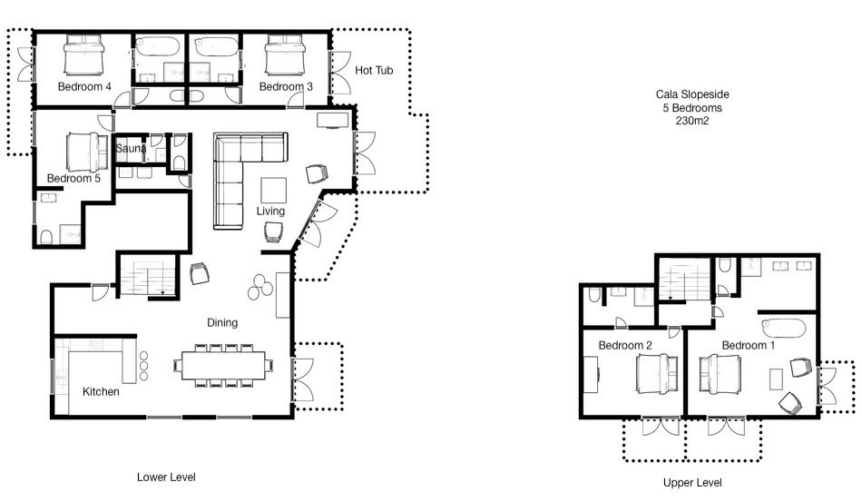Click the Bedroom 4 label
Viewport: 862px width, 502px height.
84,87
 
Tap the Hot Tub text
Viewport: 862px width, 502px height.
374,71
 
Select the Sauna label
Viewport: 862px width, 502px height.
131,149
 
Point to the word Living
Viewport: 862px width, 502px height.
270,212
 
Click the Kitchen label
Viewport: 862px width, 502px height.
101,391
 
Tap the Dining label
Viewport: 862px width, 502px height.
222,323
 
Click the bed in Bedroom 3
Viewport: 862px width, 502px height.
285,54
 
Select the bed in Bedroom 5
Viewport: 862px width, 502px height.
87,153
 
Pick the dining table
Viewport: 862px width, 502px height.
224,366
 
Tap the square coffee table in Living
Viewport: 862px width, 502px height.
273,191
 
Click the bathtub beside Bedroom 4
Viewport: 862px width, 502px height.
157,46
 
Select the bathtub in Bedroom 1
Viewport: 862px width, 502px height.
784,328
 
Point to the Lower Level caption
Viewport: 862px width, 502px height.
166,477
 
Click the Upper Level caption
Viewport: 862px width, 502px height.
692,483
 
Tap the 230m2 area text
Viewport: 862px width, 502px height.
692,121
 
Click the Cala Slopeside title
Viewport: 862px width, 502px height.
692,94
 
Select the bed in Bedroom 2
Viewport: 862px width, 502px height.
657,374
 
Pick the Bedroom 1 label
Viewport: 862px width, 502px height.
749,345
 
